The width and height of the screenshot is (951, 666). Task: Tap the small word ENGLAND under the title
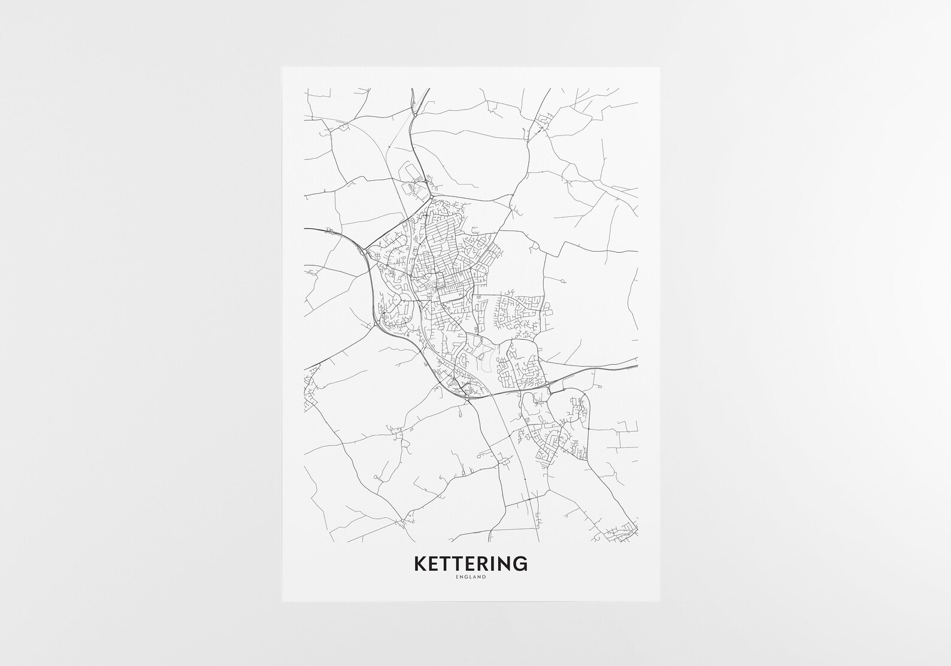pos(470,577)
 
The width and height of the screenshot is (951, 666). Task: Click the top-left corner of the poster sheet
pos(283,67)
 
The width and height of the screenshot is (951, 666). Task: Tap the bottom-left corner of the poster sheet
pos(283,601)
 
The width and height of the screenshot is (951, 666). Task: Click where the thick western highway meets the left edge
pos(305,229)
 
